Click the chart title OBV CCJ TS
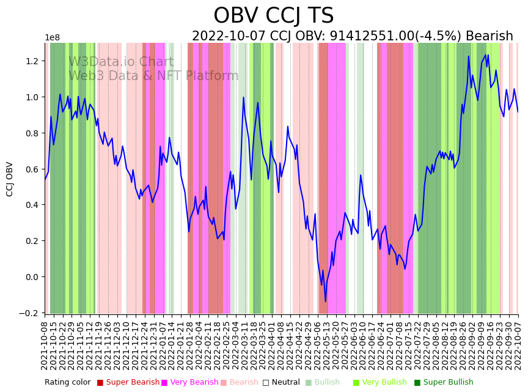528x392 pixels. coord(274,16)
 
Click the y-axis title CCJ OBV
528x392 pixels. coord(10,179)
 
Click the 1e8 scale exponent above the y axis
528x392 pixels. coord(53,38)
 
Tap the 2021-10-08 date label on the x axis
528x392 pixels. coord(45,346)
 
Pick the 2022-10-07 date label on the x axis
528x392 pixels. coord(518,346)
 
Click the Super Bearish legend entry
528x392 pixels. coord(132,383)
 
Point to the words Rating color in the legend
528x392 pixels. coord(67,383)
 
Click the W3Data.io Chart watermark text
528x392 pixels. coord(121,62)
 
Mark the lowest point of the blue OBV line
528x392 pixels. coord(326,301)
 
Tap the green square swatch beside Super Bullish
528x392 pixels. coord(417,383)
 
